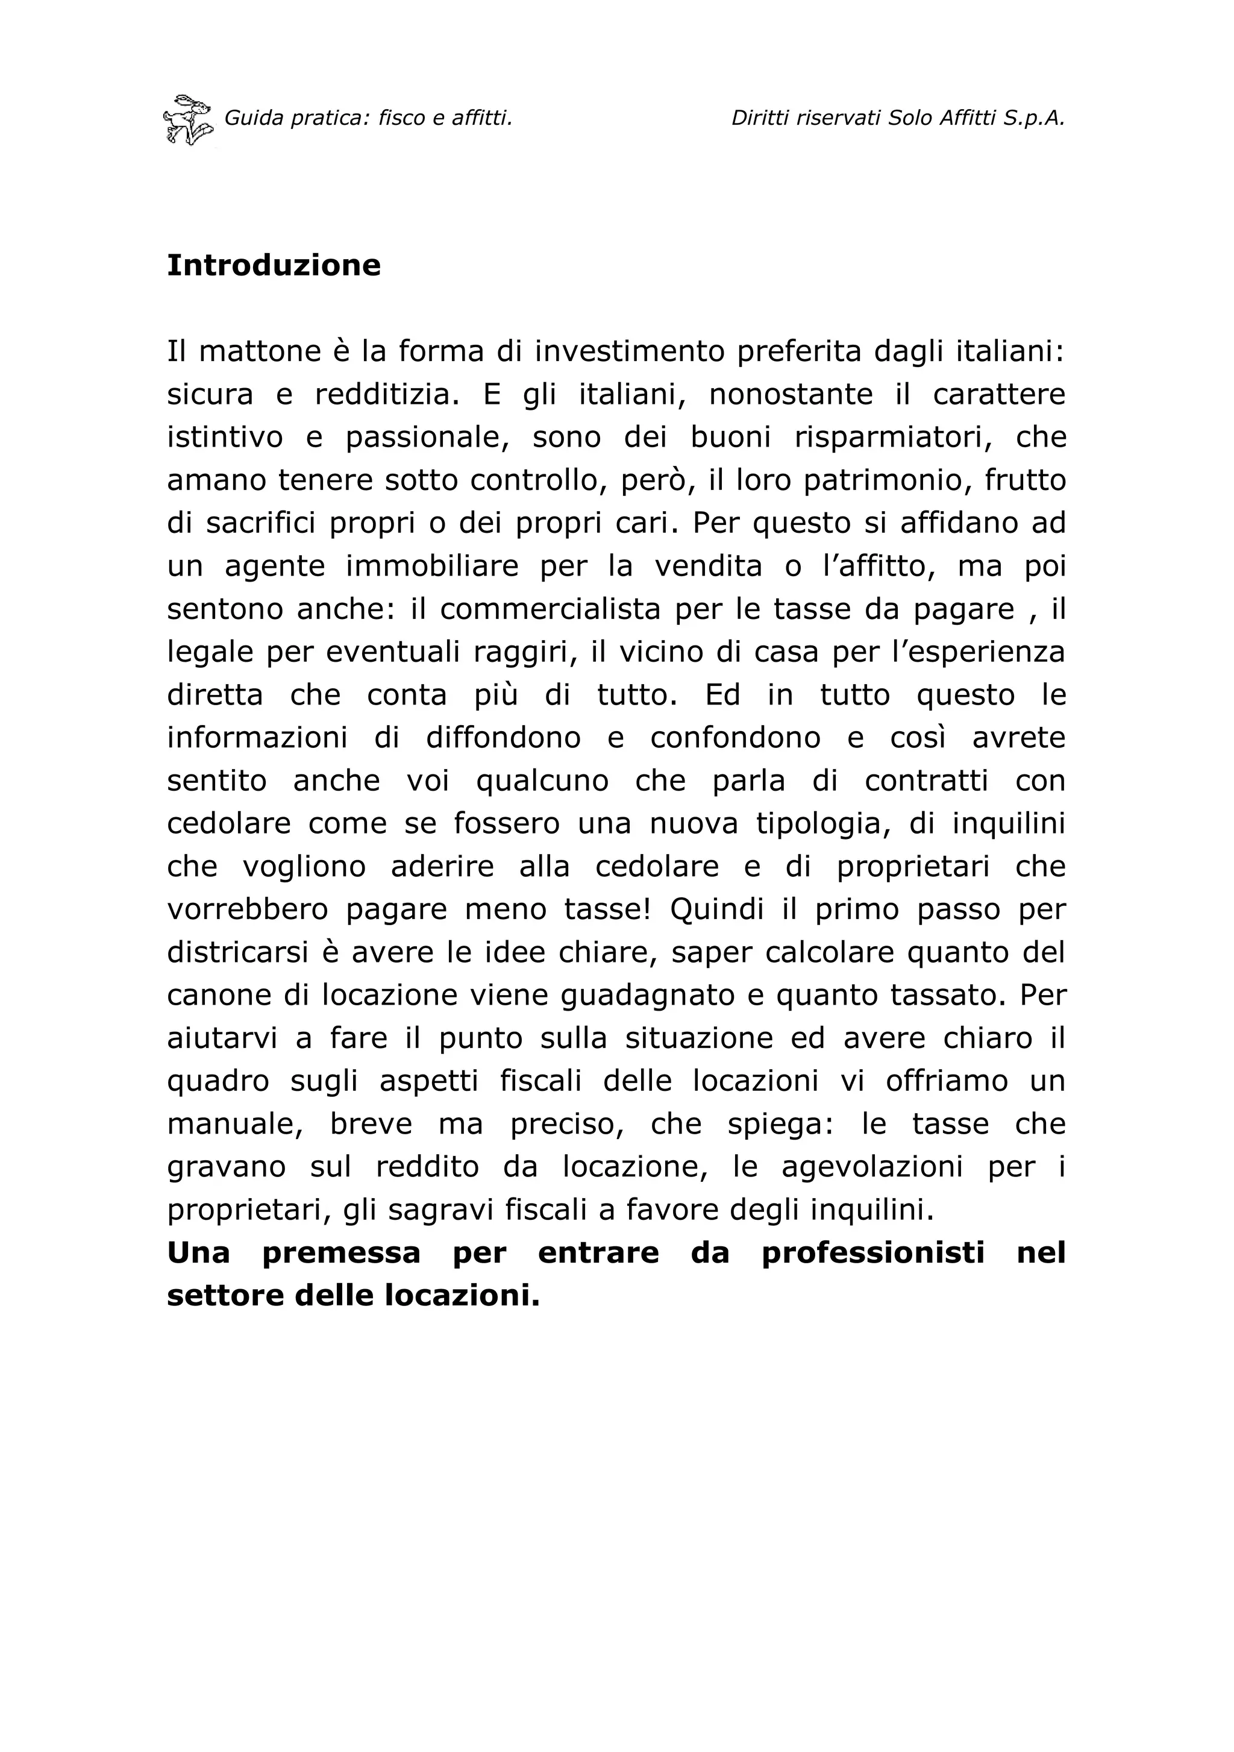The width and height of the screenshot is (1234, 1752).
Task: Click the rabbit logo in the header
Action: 187,120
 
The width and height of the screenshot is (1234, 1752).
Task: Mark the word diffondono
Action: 503,738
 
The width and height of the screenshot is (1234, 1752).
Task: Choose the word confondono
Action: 735,738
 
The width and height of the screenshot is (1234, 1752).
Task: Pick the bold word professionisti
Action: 873,1253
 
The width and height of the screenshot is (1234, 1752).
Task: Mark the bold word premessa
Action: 341,1253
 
